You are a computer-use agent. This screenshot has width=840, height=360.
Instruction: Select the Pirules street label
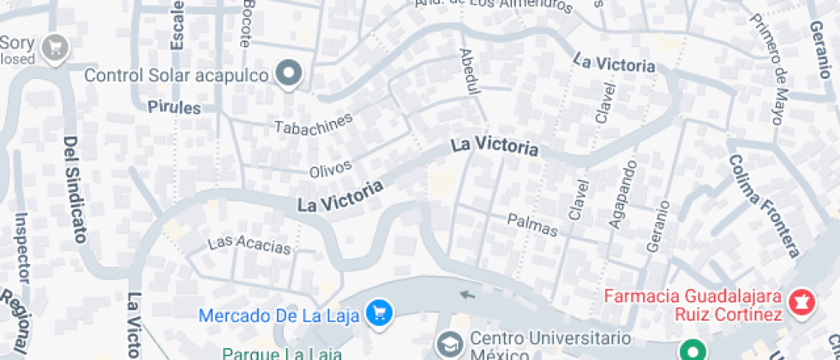pos(174,108)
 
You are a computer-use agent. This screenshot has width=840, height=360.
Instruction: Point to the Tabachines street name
pos(313,123)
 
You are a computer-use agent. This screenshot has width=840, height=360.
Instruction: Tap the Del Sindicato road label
pos(75,189)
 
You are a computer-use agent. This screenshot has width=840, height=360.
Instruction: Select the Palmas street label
pos(532,225)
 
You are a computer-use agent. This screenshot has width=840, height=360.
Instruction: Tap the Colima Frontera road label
pos(764,206)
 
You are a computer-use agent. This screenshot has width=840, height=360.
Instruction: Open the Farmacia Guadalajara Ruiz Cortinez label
pos(693,305)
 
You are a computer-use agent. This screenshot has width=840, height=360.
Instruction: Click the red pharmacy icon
pos(803,303)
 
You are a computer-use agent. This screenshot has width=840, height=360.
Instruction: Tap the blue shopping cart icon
pos(377,313)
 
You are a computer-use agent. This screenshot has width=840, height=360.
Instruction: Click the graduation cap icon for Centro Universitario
pos(449,345)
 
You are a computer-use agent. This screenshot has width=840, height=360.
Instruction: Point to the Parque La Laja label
pos(283,353)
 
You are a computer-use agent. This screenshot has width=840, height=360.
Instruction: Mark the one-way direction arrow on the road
pos(466,295)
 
